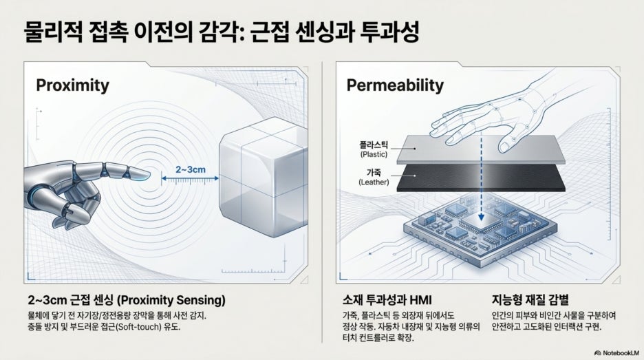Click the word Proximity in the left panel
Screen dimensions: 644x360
73,85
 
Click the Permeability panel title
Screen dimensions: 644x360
395,85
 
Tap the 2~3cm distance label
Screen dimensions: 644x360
191,169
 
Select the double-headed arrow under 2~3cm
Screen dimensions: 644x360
190,178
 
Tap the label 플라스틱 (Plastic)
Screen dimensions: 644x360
374,149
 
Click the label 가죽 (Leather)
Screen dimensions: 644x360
374,177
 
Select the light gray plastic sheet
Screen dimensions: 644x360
480,149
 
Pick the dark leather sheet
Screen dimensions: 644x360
480,178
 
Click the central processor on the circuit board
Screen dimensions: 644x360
480,224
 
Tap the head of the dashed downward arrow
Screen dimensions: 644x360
481,217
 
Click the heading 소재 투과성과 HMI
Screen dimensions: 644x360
387,300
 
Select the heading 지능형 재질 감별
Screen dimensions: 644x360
530,299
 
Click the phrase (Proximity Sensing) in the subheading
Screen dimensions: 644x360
171,300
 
